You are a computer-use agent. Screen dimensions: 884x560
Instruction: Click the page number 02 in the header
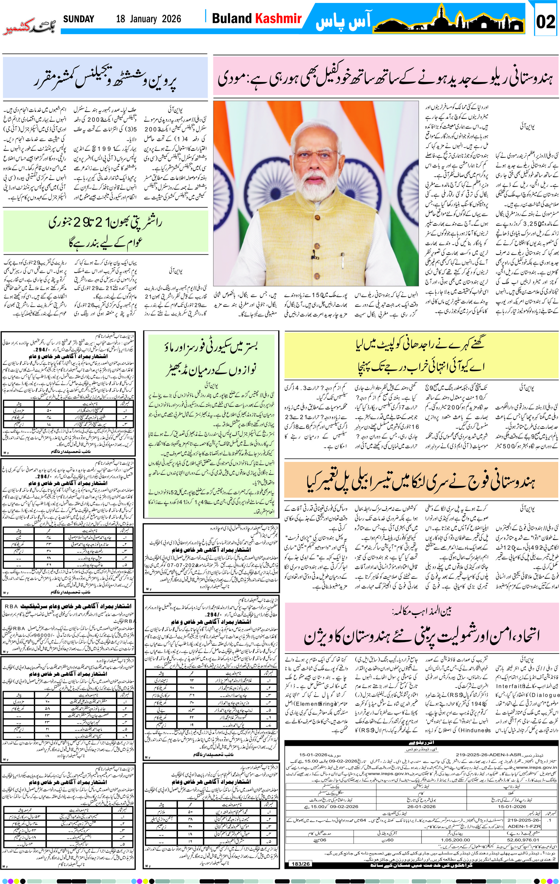[x=545, y=22]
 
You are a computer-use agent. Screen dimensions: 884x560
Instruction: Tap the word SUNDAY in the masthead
[x=79, y=19]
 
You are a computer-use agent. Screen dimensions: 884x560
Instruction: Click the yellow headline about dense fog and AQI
[x=421, y=354]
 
